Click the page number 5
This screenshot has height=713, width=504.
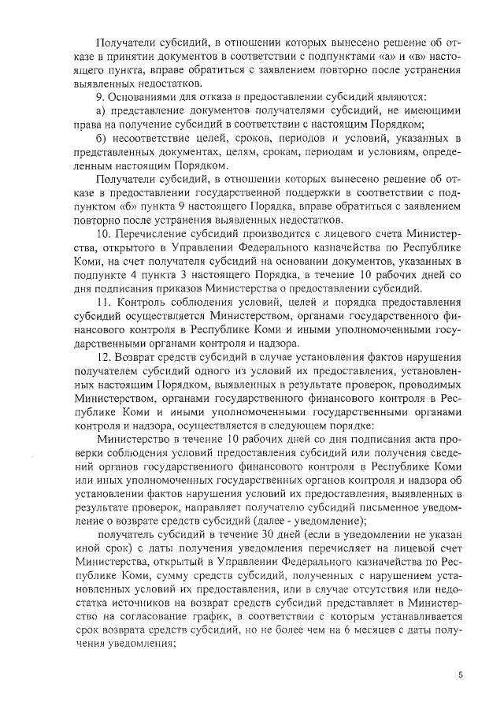click(461, 675)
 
